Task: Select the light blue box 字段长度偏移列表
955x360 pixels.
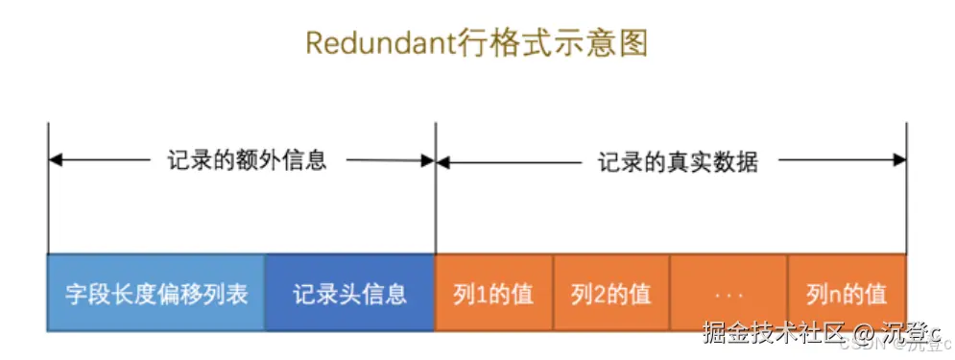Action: pyautogui.click(x=156, y=293)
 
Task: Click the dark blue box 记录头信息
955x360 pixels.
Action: pyautogui.click(x=349, y=293)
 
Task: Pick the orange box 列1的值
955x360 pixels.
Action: pyautogui.click(x=493, y=293)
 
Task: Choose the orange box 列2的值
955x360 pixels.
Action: pyautogui.click(x=611, y=293)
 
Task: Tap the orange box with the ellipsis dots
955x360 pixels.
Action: pyautogui.click(x=728, y=293)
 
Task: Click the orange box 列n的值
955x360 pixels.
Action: pyautogui.click(x=847, y=293)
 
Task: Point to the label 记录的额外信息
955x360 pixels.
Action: pyautogui.click(x=246, y=160)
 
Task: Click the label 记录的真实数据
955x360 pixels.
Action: pyautogui.click(x=679, y=161)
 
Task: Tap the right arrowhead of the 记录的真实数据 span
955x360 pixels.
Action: pyautogui.click(x=899, y=160)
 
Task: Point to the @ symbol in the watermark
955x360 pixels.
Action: pyautogui.click(x=863, y=334)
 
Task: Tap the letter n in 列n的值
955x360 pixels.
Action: pyautogui.click(x=835, y=294)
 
